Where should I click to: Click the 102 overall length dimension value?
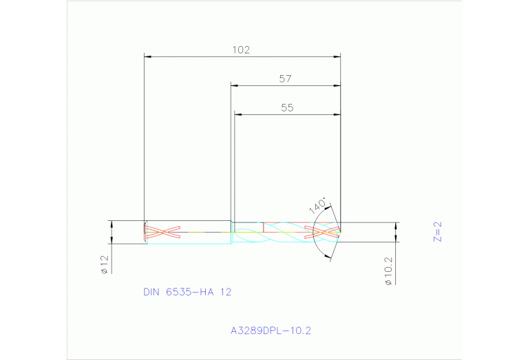click(x=241, y=50)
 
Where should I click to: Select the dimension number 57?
click(x=285, y=79)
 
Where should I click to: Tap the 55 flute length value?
click(x=287, y=108)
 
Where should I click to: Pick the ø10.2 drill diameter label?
click(x=389, y=271)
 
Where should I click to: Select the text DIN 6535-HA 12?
click(x=187, y=292)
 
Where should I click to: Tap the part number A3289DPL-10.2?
click(x=271, y=330)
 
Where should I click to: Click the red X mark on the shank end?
click(x=164, y=232)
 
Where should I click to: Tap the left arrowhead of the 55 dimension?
click(x=238, y=115)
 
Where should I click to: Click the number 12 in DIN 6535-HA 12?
click(x=225, y=292)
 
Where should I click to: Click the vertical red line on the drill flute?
click(x=264, y=227)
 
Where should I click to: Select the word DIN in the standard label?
click(x=151, y=292)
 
